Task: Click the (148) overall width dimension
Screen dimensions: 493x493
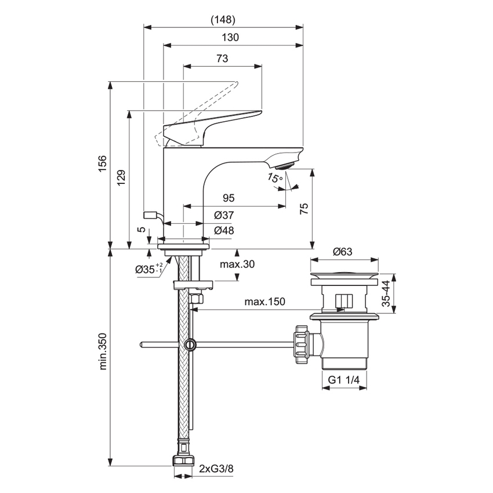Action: (x=223, y=20)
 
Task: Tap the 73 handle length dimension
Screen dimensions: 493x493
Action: (x=222, y=59)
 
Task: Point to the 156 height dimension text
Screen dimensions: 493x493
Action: (x=102, y=162)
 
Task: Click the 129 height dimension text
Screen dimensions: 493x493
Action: (x=121, y=177)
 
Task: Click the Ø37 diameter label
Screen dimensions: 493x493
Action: (x=223, y=215)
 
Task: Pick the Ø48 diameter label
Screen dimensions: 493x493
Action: (x=223, y=230)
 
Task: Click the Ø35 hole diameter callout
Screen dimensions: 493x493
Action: (x=147, y=269)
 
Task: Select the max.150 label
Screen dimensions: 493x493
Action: (x=264, y=302)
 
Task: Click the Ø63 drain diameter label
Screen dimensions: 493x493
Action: (x=343, y=252)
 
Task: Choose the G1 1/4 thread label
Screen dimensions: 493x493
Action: (x=345, y=380)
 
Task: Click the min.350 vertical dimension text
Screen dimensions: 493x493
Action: (x=102, y=354)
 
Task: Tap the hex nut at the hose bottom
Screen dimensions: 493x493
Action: (x=183, y=462)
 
